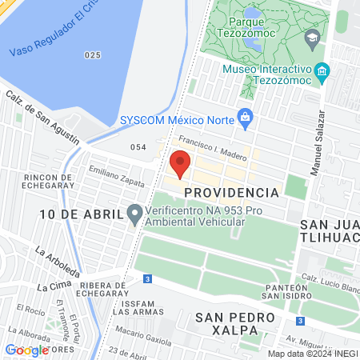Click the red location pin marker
180,166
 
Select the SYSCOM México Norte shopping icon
246,120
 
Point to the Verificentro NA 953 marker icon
134,214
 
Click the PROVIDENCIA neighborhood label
231,193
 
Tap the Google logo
26,350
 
